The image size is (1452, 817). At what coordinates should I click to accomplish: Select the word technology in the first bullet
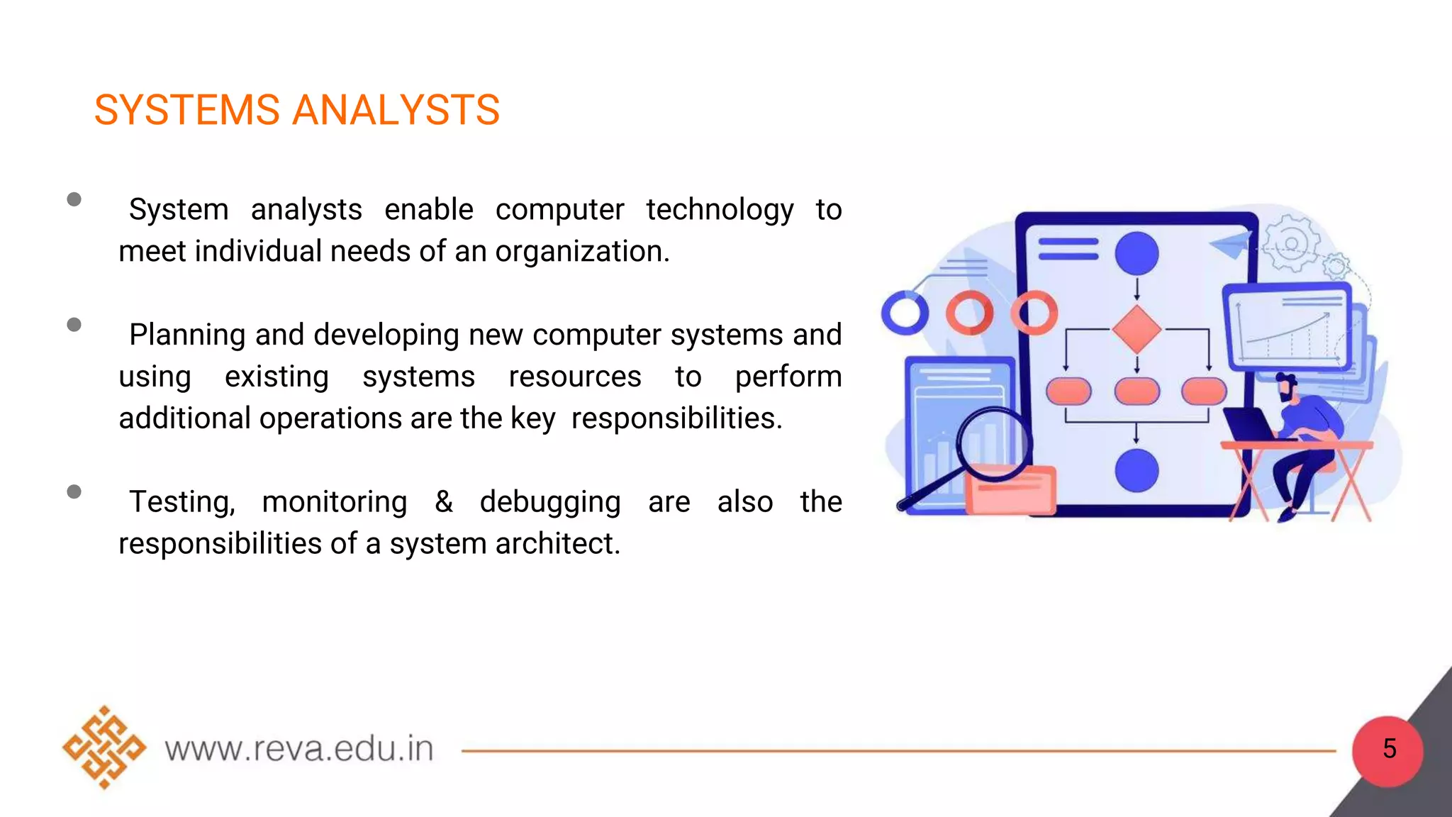point(719,211)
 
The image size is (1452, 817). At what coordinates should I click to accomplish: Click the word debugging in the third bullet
point(549,503)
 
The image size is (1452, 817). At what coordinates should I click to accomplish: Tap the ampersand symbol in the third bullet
point(444,502)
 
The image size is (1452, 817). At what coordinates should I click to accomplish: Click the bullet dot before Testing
point(74,491)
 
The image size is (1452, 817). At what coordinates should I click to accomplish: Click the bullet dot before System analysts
point(74,199)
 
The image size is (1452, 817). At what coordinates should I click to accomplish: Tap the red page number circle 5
point(1387,750)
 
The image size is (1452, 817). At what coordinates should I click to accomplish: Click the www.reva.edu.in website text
point(298,749)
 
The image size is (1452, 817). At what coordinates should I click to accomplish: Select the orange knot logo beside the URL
point(104,747)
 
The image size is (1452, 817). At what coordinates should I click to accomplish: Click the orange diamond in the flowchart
point(1136,330)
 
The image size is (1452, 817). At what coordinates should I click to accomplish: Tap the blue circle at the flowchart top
point(1137,253)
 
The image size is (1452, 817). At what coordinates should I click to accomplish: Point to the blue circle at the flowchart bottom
point(1137,470)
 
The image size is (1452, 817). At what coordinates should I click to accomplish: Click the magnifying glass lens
point(993,443)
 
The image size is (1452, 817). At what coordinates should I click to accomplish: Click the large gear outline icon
point(1291,244)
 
